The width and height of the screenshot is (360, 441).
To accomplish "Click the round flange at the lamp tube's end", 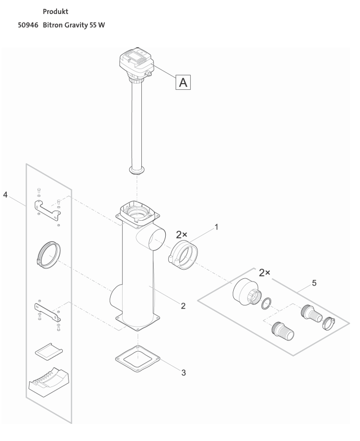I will click(x=137, y=170).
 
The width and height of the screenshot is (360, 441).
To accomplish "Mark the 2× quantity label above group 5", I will click(x=267, y=273).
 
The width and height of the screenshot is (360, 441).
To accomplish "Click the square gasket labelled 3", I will click(x=137, y=357).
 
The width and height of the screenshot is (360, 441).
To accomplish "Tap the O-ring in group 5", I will click(x=266, y=302).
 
